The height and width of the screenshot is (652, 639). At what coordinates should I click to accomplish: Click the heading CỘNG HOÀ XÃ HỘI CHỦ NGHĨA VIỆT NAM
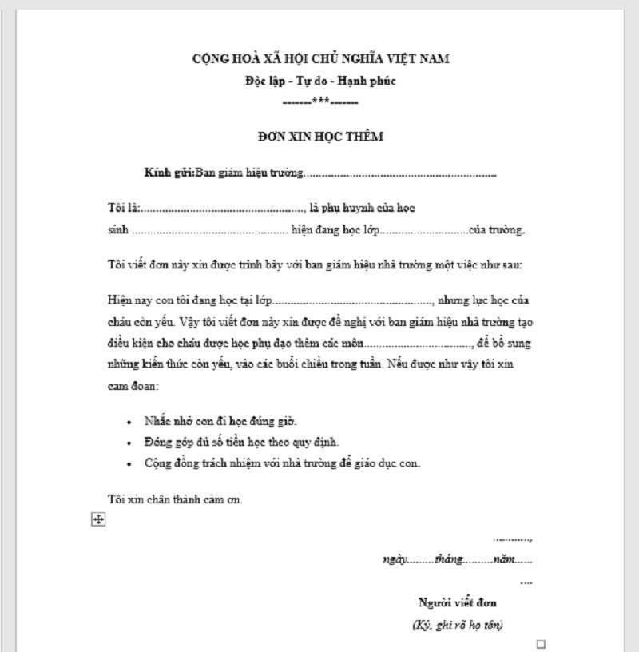320,59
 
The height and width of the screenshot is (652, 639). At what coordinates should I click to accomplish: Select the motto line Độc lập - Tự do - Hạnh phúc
320,81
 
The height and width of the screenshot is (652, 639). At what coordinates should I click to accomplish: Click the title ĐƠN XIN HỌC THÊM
320,137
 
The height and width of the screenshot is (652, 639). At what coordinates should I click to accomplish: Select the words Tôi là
123,208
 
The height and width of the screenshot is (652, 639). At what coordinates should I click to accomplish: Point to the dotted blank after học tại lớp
353,302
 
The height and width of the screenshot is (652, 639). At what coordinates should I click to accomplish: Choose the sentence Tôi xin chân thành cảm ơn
175,499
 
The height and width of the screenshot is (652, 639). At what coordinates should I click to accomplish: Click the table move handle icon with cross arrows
98,520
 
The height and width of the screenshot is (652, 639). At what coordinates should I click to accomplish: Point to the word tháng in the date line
449,559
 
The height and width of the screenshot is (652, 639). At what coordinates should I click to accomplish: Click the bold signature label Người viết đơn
458,602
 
